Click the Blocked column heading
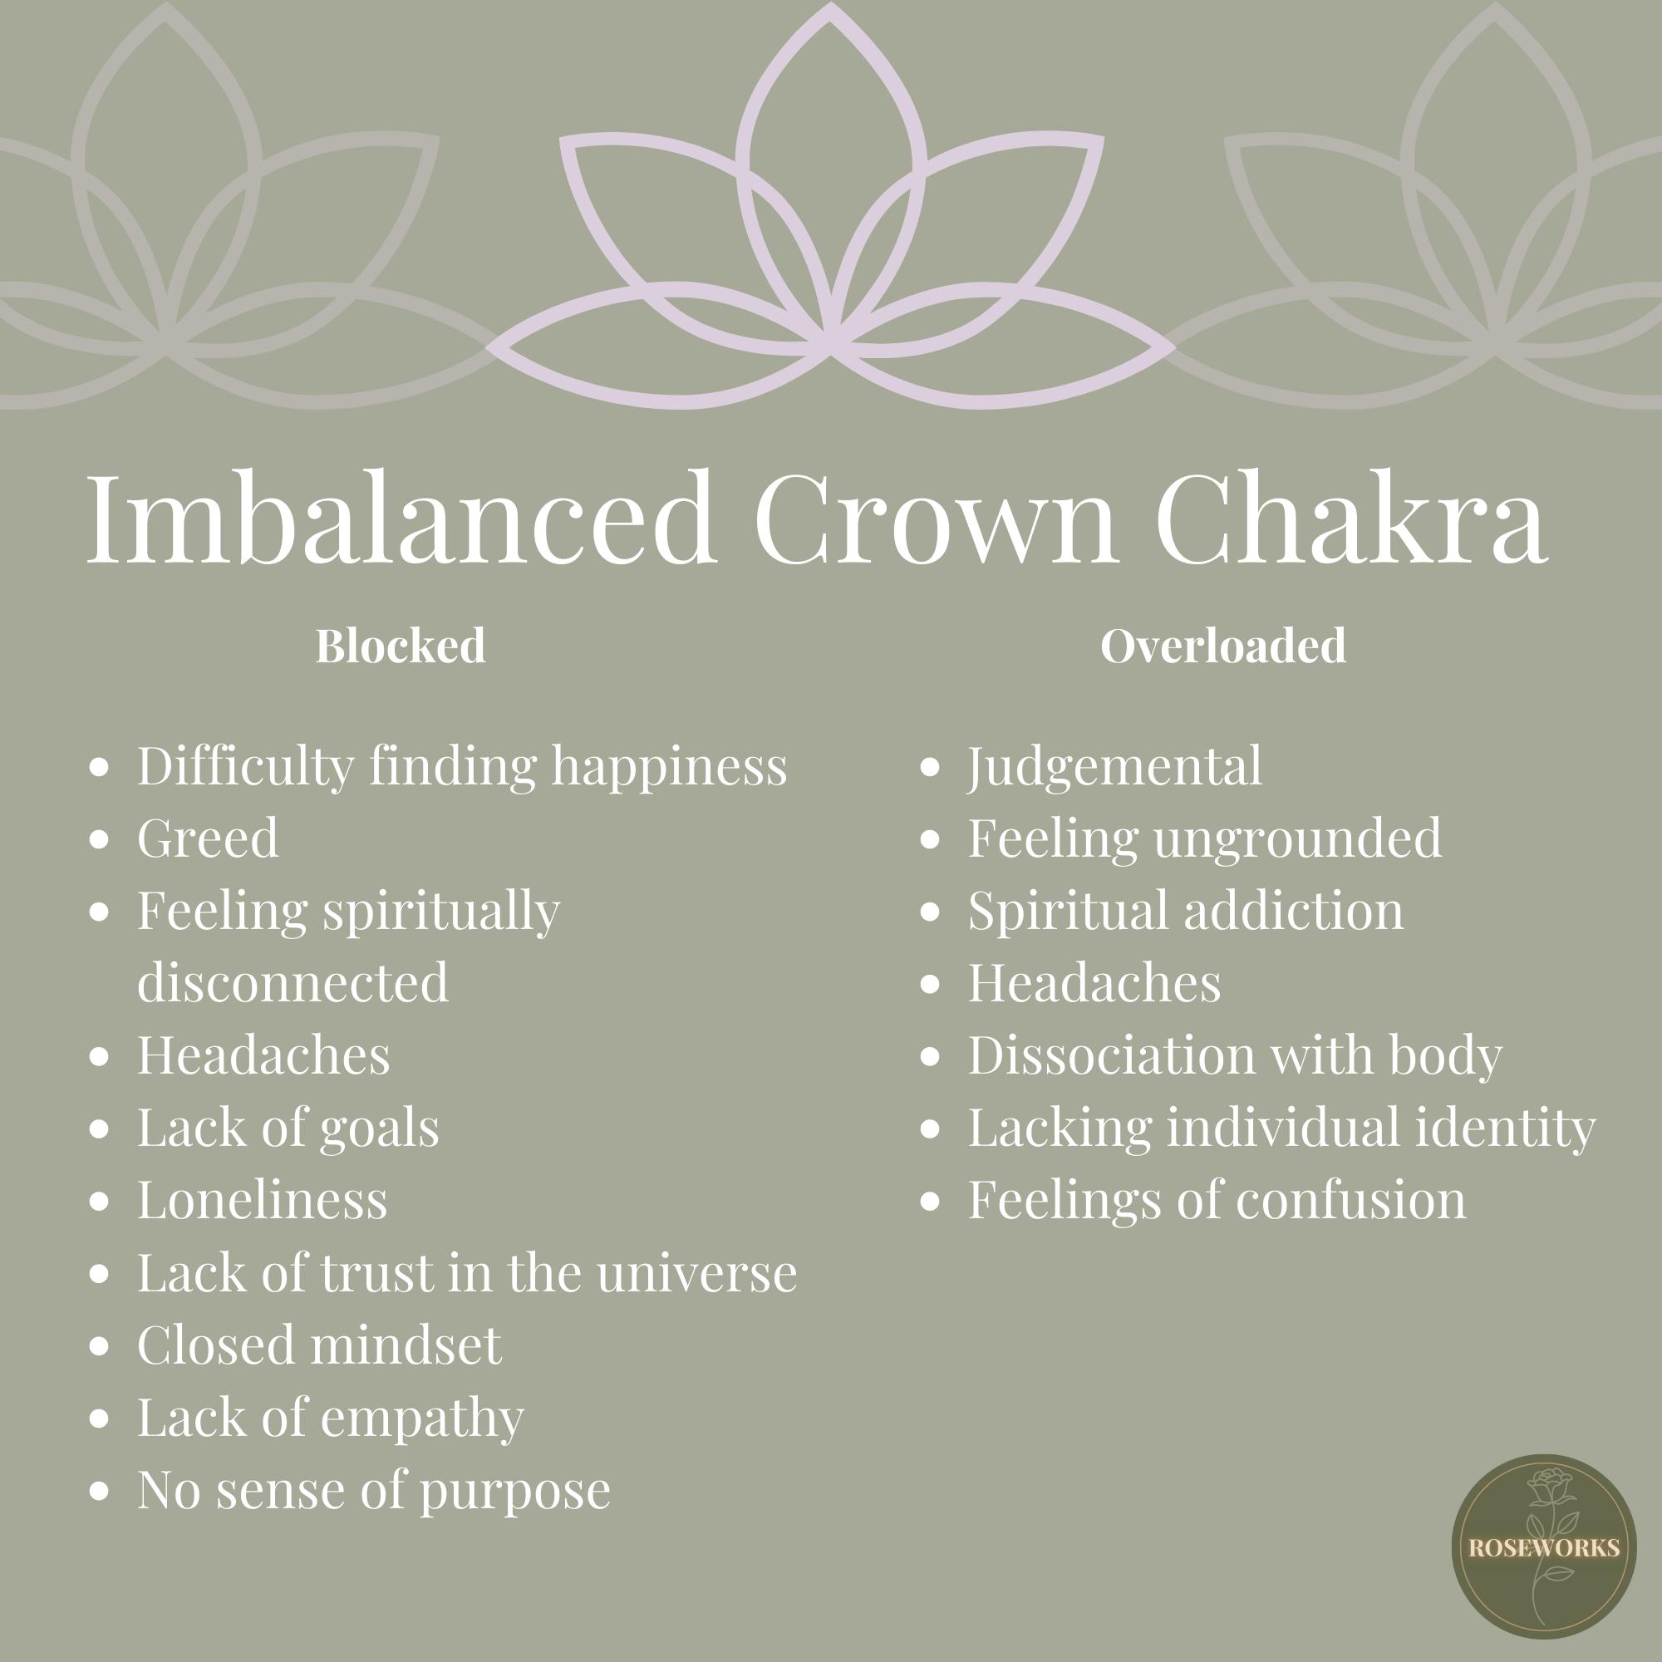pyautogui.click(x=400, y=645)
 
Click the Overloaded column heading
pyautogui.click(x=1222, y=645)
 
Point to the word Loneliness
pyautogui.click(x=263, y=1200)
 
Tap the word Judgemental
pyautogui.click(x=1115, y=765)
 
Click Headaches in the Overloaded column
pyautogui.click(x=1094, y=983)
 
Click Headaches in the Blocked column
pyautogui.click(x=263, y=1055)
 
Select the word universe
pyautogui.click(x=697, y=1273)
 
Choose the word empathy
pyautogui.click(x=421, y=1419)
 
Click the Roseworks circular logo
pyautogui.click(x=1543, y=1546)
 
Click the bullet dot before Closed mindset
pyautogui.click(x=100, y=1346)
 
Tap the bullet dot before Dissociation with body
pyautogui.click(x=930, y=1056)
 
